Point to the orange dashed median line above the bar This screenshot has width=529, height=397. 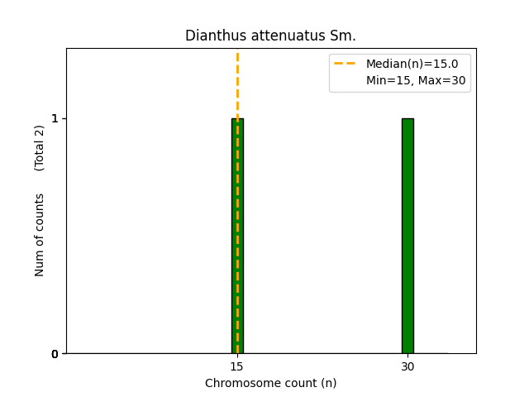coord(237,83)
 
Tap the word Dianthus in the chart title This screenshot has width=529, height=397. coord(211,36)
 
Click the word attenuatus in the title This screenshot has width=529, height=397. coord(280,36)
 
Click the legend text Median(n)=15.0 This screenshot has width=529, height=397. coord(412,64)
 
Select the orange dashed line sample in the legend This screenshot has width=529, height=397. coord(345,64)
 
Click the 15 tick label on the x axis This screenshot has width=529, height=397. coord(236,366)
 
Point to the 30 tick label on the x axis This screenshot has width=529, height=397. coord(407,366)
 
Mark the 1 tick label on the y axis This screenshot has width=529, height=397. coord(55,118)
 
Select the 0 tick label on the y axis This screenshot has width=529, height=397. coord(55,354)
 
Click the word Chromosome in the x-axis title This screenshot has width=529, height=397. coord(237,383)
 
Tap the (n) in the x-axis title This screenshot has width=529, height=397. coord(328,383)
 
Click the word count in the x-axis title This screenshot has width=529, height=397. coord(294,383)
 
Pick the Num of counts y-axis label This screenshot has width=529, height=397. coord(40,235)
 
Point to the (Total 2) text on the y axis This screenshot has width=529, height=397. coord(40,147)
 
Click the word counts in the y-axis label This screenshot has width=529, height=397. coord(40,213)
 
